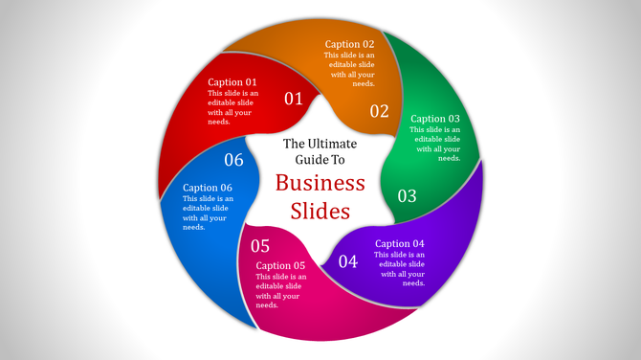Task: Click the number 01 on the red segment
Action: tap(294, 99)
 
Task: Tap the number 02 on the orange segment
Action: tap(380, 111)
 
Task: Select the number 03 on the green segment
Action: tap(408, 196)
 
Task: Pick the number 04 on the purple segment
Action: tap(348, 261)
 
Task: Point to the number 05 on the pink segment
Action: tap(261, 246)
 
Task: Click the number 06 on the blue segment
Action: tap(234, 160)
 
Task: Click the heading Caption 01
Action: tap(232, 82)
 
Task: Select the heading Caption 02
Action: tap(349, 44)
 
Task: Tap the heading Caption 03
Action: tap(435, 119)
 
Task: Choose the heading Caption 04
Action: tap(400, 243)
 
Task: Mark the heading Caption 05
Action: tap(280, 265)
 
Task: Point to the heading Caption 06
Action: tap(208, 188)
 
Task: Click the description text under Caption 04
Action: tap(400, 269)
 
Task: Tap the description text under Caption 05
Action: tap(280, 291)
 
